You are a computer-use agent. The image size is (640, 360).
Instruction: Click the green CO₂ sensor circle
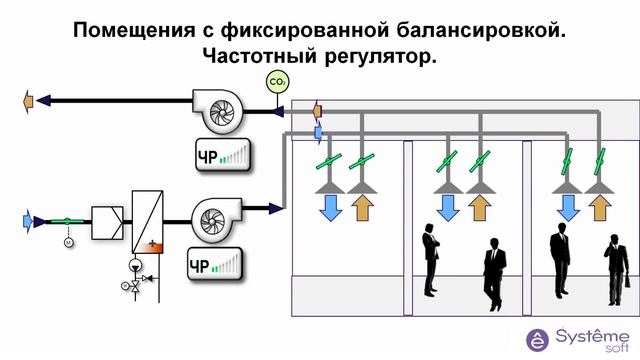click(277, 82)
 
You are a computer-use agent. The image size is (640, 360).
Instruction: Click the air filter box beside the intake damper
click(106, 218)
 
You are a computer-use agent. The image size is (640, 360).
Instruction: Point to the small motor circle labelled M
click(69, 242)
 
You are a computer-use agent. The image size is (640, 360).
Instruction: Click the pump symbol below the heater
click(134, 266)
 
